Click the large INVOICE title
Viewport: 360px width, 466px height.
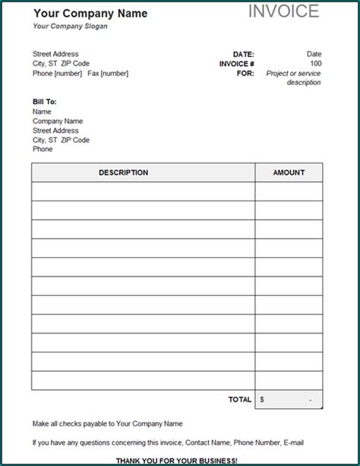(283, 11)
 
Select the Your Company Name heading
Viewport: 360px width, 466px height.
(90, 13)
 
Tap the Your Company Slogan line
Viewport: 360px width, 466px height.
(71, 26)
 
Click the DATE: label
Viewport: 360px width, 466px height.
(243, 54)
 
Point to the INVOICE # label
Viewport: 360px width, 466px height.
(236, 64)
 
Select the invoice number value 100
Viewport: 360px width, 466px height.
(315, 64)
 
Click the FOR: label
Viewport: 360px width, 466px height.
(245, 74)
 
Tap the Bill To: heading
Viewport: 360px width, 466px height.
(45, 102)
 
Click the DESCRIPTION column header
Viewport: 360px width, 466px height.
(123, 173)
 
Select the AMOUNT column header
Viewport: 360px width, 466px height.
(289, 173)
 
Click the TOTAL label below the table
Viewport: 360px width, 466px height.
(240, 399)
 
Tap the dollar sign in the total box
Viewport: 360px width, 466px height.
(262, 399)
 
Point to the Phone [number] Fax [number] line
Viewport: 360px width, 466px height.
(81, 74)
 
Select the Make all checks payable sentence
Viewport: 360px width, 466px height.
(107, 423)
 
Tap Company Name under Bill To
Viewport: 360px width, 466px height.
(58, 121)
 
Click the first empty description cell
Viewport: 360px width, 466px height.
(143, 192)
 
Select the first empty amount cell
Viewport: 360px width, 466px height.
(289, 192)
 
